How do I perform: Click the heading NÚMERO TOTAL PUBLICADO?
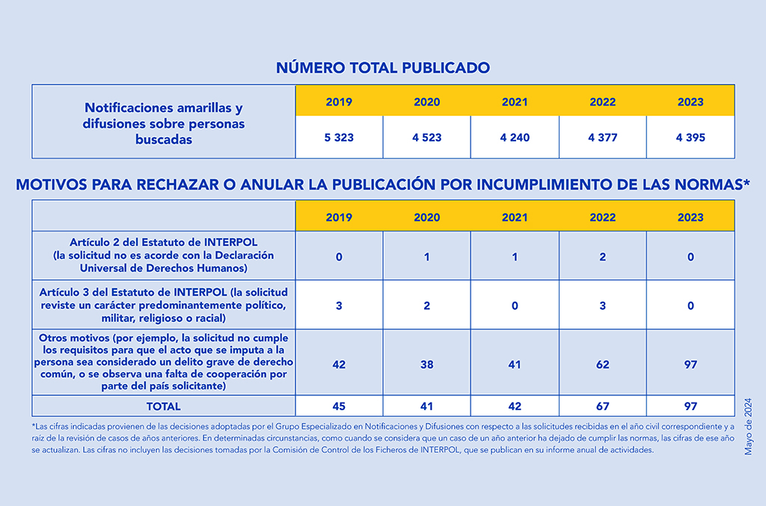click(x=383, y=67)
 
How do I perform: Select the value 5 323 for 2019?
click(x=339, y=138)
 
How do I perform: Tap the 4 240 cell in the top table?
click(x=515, y=138)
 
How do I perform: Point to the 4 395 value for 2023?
click(x=690, y=138)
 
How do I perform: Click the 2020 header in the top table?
click(x=427, y=102)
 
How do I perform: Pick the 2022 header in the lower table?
click(x=602, y=217)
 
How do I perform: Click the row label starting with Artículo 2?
click(x=163, y=255)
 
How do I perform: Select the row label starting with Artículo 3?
click(x=163, y=305)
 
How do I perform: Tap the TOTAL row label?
click(x=163, y=406)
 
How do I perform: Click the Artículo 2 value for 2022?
click(x=602, y=257)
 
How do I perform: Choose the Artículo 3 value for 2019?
click(x=339, y=305)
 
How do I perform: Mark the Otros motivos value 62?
click(x=602, y=365)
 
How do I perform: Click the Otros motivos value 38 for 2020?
click(x=427, y=365)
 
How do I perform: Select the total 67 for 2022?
click(x=602, y=406)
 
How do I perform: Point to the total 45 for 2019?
click(x=339, y=406)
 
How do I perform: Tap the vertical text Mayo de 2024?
click(x=748, y=427)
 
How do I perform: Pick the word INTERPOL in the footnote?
click(x=441, y=450)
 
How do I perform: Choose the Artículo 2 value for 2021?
click(x=515, y=257)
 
